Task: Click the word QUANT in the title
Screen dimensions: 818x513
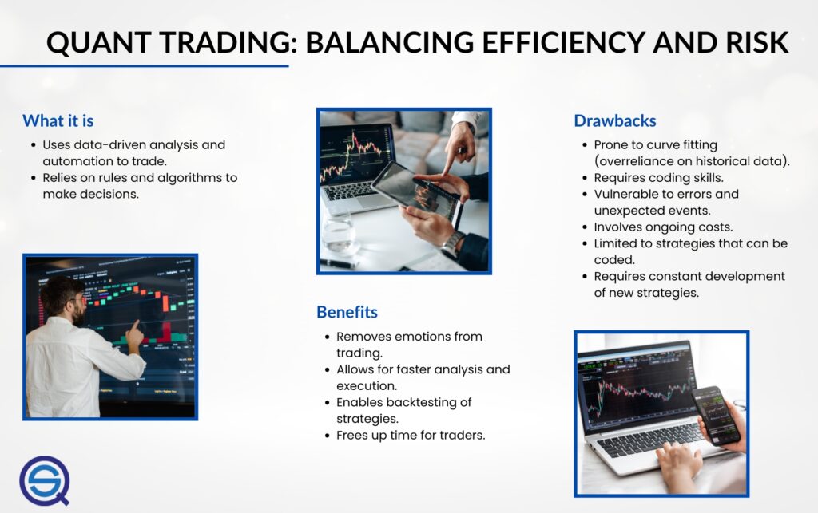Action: (98, 43)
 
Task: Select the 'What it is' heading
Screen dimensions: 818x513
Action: (58, 120)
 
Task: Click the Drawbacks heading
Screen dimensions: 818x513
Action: (615, 120)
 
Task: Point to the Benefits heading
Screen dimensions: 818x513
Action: (347, 312)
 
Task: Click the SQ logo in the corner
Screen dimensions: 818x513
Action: (45, 481)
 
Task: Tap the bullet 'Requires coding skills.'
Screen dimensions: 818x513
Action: (658, 178)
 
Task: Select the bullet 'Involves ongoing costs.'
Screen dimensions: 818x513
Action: (663, 227)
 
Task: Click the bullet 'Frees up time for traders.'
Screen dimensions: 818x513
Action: (411, 435)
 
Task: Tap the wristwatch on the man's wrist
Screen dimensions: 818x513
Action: (453, 243)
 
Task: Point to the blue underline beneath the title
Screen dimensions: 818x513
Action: (144, 66)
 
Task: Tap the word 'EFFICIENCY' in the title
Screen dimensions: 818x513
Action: (563, 42)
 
